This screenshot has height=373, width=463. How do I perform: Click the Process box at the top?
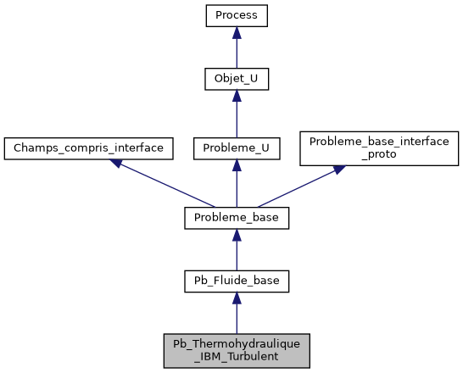coord(237,14)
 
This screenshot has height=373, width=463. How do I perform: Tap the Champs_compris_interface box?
coord(89,148)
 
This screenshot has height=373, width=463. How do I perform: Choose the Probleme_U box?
coord(237,148)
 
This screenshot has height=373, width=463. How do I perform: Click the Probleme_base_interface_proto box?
coord(379,148)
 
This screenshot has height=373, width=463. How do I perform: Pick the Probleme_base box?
coord(237,218)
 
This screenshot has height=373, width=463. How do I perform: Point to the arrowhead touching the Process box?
coord(237,32)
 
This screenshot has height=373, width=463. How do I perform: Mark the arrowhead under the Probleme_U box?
coord(237,165)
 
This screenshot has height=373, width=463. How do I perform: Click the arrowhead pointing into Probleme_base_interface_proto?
coord(338,170)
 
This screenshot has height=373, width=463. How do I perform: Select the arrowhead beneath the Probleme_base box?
coord(237,235)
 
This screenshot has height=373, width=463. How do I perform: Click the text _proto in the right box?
coord(379,155)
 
